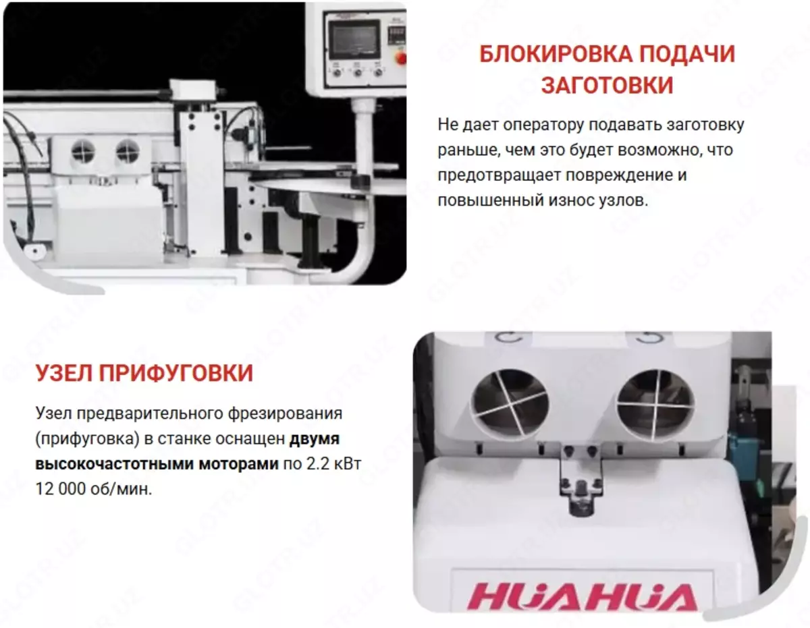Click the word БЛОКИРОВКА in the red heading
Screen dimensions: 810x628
pos(556,55)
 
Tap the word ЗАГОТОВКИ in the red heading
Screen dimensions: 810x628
pos(607,85)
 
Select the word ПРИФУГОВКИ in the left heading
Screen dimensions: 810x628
pos(176,372)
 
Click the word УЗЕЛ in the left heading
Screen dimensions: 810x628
pos(63,372)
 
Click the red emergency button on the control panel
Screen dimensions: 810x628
pos(402,59)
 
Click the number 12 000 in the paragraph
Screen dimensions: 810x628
pos(61,489)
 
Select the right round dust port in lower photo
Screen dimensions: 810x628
pos(655,405)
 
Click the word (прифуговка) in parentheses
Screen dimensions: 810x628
pos(87,439)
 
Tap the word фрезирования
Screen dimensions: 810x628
pos(285,414)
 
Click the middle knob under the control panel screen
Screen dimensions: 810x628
pos(356,72)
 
